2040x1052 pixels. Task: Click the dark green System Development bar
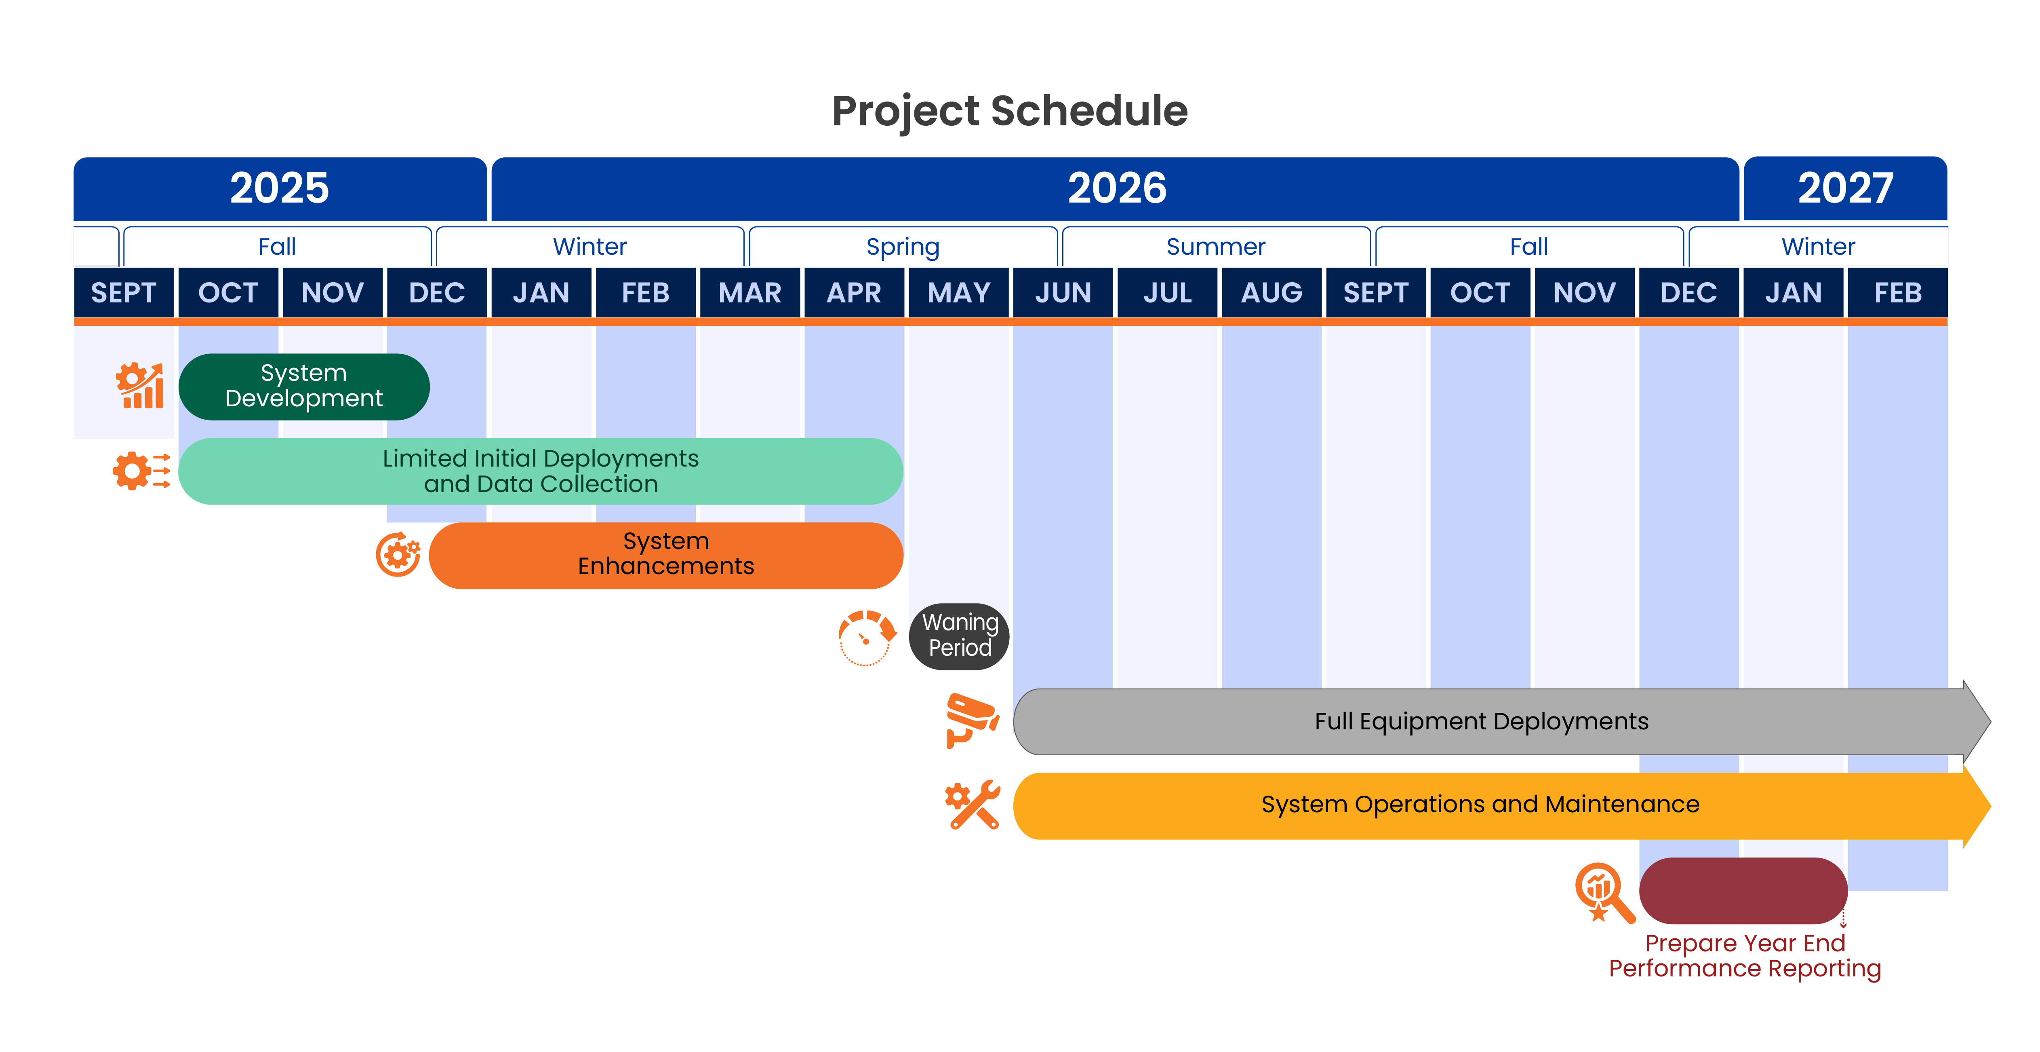click(x=304, y=387)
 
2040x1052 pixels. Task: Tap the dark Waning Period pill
click(x=959, y=636)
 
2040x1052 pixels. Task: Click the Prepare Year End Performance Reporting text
click(x=1745, y=955)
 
